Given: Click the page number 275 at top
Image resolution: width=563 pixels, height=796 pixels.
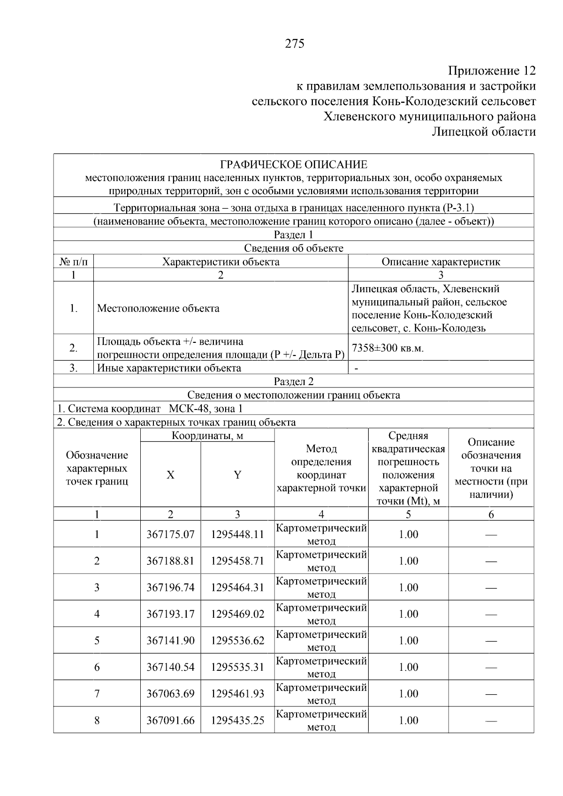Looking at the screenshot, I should click(294, 44).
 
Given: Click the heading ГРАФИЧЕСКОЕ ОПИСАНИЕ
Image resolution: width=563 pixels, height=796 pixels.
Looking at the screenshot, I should click(294, 165).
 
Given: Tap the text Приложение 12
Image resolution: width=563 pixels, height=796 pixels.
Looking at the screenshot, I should click(492, 71).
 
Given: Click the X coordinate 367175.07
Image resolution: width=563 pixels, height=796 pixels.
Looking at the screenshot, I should click(170, 534).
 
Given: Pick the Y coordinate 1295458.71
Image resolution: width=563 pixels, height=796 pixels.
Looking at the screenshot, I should click(237, 561).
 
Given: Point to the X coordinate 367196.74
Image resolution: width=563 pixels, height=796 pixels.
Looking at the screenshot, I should click(170, 587).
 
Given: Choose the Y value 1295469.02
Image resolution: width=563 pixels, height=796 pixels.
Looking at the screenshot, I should click(237, 614).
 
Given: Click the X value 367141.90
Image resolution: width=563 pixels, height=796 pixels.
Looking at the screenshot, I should click(170, 641).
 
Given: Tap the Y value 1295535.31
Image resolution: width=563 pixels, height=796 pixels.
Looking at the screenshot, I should click(237, 667).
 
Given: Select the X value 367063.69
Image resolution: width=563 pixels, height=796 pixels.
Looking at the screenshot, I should click(170, 694).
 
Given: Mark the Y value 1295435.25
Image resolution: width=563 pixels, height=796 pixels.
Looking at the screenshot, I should click(237, 720).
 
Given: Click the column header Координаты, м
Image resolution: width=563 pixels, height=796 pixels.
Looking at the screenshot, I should click(207, 436).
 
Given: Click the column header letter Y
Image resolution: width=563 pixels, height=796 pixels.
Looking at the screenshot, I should click(237, 475).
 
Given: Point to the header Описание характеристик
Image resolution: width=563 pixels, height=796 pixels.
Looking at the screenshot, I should click(441, 262).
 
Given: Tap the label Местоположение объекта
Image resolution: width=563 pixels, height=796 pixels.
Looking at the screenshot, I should click(158, 308).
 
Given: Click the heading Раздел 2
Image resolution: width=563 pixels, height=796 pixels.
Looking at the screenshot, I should click(294, 381).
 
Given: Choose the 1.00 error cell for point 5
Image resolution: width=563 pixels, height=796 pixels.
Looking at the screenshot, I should click(408, 641).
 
